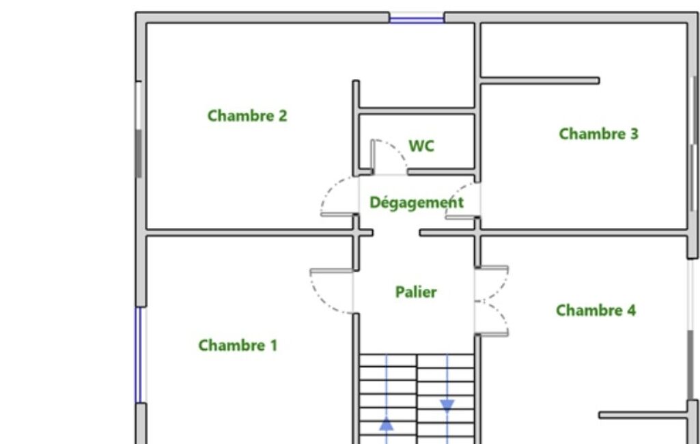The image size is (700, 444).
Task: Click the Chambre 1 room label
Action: pos(238,345)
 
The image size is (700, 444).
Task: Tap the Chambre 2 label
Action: pos(247,115)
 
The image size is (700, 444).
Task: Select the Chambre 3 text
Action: pos(599,134)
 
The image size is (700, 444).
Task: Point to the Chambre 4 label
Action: pos(596,310)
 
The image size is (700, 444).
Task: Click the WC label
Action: pos(421,146)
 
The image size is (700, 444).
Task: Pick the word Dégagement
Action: pos(417,203)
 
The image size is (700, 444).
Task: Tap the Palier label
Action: pos(416,292)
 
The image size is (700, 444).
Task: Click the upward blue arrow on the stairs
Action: pos(386,424)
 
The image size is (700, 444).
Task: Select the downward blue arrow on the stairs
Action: pos(447,406)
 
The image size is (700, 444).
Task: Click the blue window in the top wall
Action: pos(417,18)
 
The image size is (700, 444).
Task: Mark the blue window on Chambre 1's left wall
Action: pos(139,355)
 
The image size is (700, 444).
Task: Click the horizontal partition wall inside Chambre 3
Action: pos(540,81)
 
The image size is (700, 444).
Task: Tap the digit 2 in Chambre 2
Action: pos(283,115)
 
